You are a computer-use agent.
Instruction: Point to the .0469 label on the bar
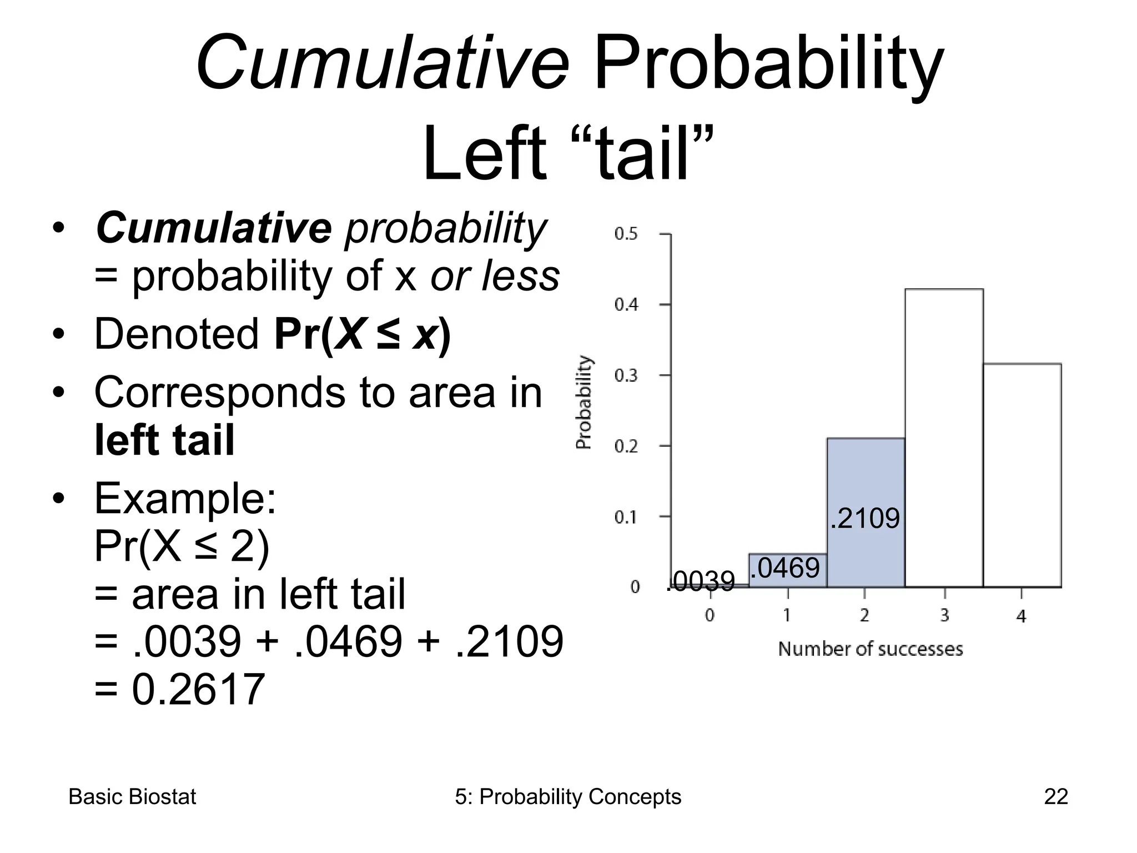pyautogui.click(x=784, y=568)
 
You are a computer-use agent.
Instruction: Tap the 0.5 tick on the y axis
pyautogui.click(x=626, y=234)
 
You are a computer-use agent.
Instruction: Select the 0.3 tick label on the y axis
pyautogui.click(x=626, y=376)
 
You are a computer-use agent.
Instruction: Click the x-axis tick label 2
pyautogui.click(x=864, y=615)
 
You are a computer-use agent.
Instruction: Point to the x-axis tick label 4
pyautogui.click(x=1022, y=616)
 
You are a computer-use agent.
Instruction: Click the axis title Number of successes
pyautogui.click(x=870, y=649)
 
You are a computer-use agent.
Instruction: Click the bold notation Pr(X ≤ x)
pyautogui.click(x=363, y=334)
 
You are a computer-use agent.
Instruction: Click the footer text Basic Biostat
pyautogui.click(x=132, y=797)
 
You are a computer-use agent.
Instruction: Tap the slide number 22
pyautogui.click(x=1055, y=797)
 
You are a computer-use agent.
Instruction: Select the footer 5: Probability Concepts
pyautogui.click(x=567, y=797)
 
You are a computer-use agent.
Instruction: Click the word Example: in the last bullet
pyautogui.click(x=185, y=498)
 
